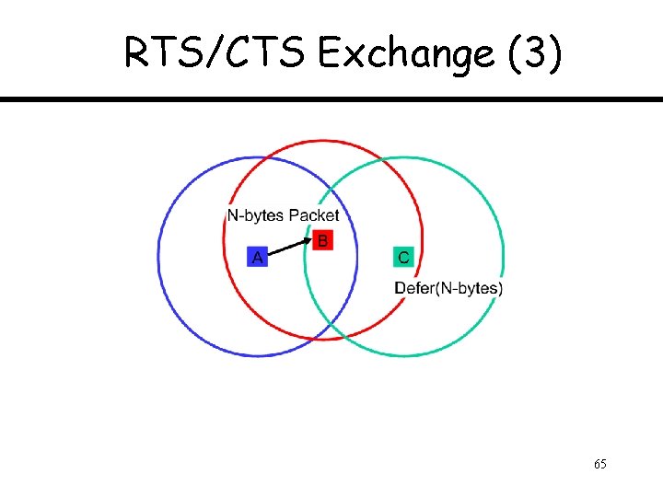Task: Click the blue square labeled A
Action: click(258, 258)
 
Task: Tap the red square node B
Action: click(322, 241)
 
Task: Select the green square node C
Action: click(403, 258)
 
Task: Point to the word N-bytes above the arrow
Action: click(255, 215)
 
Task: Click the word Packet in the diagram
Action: click(313, 215)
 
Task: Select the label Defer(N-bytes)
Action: click(448, 288)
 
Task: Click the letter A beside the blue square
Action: click(258, 258)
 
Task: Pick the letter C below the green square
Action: click(403, 258)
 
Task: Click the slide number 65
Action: click(599, 464)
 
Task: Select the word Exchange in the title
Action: click(406, 55)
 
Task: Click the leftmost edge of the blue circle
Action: click(159, 256)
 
